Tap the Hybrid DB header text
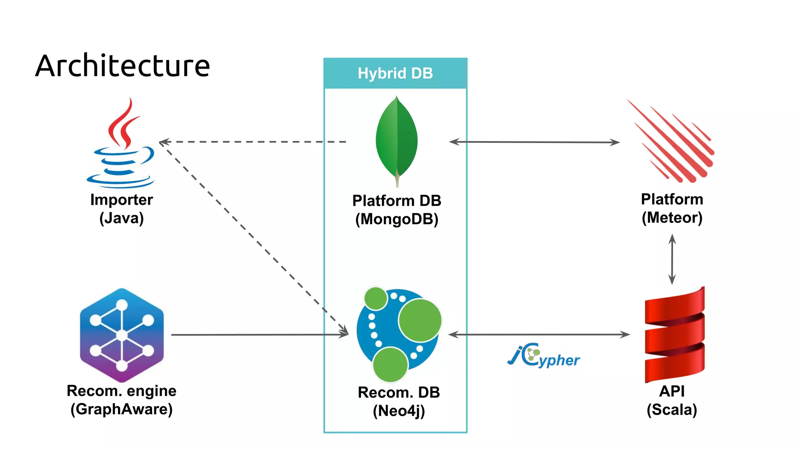pos(395,73)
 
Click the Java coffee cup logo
pos(122,144)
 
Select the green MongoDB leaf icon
pos(397,140)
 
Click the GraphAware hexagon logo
pos(122,335)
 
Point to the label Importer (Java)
pos(122,209)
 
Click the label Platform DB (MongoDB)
pos(397,210)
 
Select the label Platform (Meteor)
pos(672,209)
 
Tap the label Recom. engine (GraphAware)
pos(122,400)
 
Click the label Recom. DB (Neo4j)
pos(399,401)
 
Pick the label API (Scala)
pos(672,400)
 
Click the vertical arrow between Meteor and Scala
pos(672,259)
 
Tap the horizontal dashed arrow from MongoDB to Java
pos(253,142)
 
